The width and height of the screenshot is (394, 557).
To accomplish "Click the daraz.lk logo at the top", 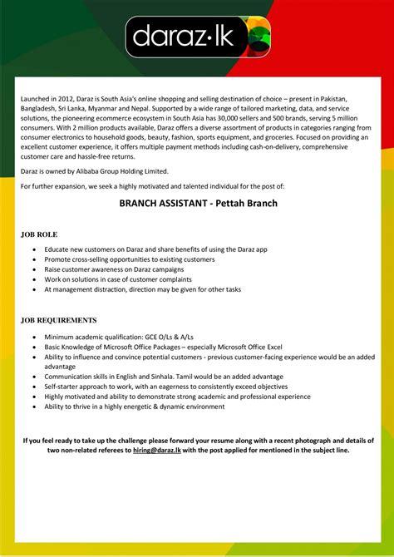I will tap(196, 37).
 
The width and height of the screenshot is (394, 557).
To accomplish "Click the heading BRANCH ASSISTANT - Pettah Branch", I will tap(196, 202).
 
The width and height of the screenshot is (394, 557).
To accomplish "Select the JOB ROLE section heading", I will tap(39, 235).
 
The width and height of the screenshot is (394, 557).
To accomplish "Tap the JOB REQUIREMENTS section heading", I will tap(59, 320).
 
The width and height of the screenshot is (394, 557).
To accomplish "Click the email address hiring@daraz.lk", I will tap(157, 451).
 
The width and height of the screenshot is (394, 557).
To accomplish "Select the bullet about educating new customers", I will tap(155, 249).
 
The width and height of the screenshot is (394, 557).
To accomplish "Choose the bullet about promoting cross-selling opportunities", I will tap(129, 259).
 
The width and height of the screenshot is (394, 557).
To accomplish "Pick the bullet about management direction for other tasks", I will tap(142, 289).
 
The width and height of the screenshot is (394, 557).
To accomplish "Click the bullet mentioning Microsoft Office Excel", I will tap(164, 346).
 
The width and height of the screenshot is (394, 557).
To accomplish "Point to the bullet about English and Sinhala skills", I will tap(156, 377).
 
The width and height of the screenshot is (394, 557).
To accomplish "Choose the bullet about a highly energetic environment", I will tap(135, 407).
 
